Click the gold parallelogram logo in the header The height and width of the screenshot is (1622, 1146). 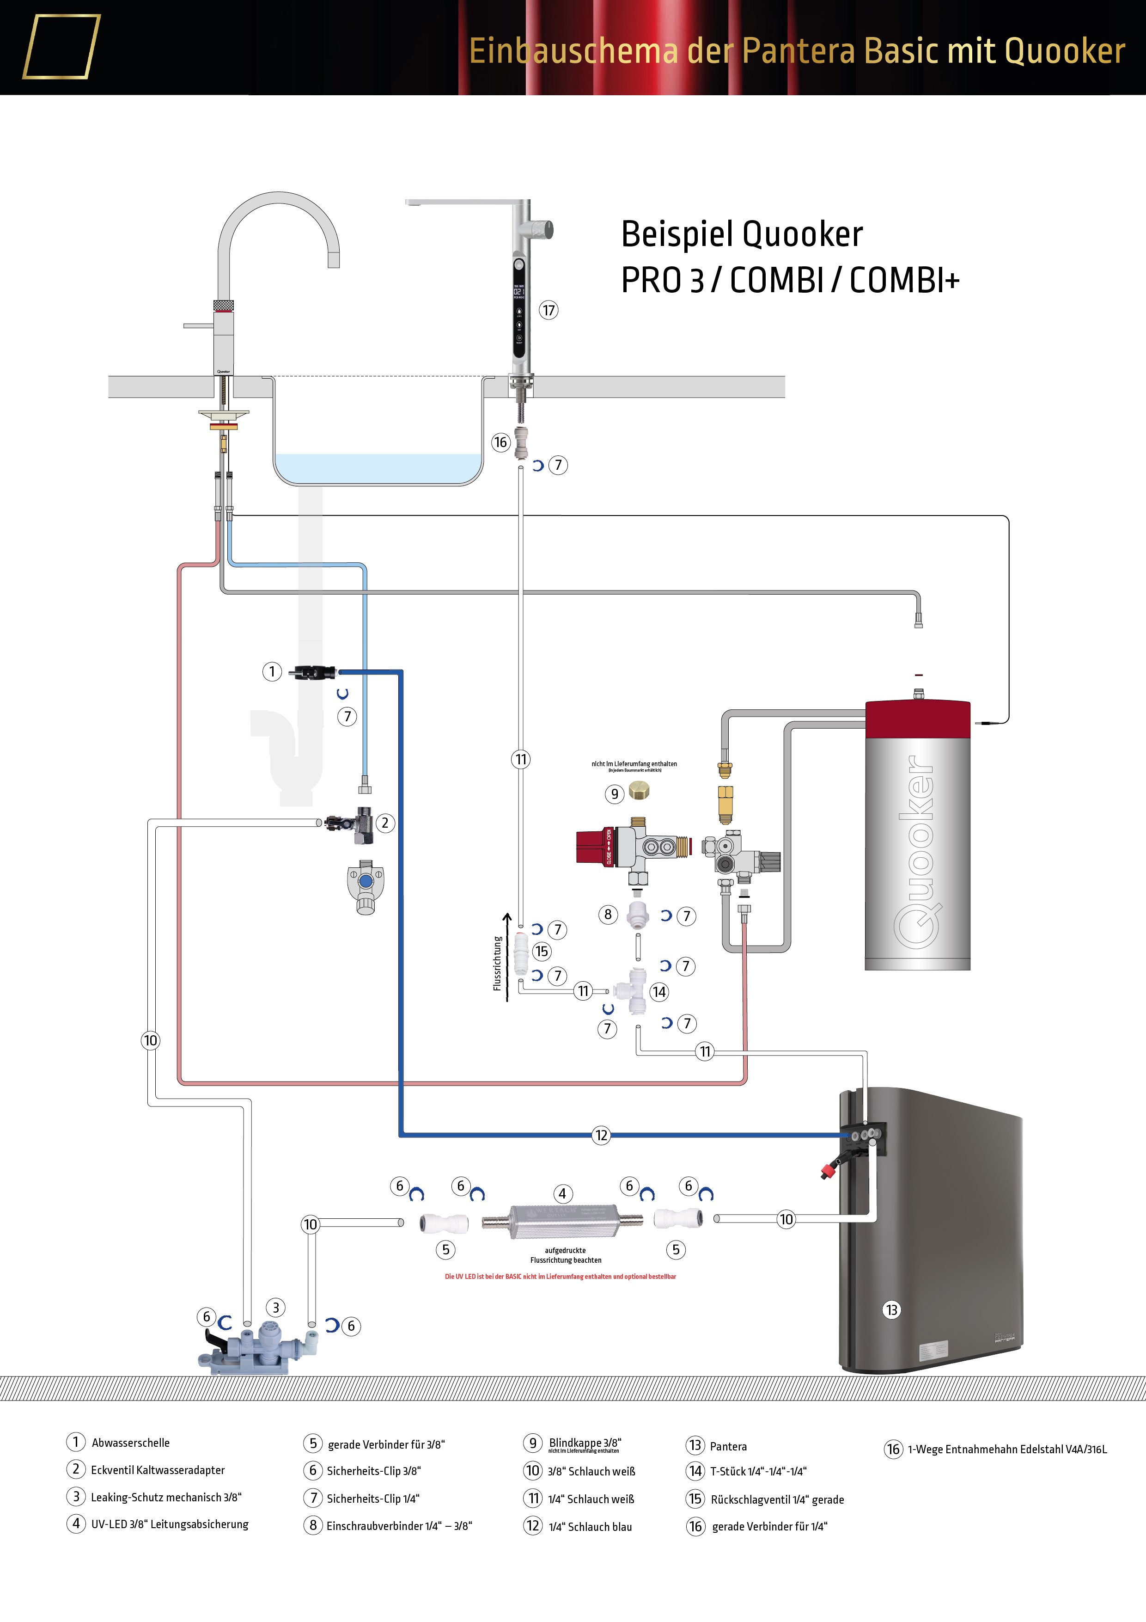tap(61, 47)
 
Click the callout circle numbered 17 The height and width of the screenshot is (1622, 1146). tap(549, 310)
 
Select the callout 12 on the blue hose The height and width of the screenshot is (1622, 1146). tap(601, 1135)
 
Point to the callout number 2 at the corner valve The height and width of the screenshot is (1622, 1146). tap(385, 823)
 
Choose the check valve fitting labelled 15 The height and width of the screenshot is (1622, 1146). tap(521, 953)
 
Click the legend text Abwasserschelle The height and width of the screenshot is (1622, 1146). tap(131, 1443)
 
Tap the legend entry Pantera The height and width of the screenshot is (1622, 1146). tap(728, 1447)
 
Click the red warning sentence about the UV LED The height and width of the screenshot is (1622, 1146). tap(560, 1277)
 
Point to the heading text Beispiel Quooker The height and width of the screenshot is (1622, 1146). tap(741, 234)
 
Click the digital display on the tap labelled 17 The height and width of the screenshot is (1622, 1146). tap(518, 291)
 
